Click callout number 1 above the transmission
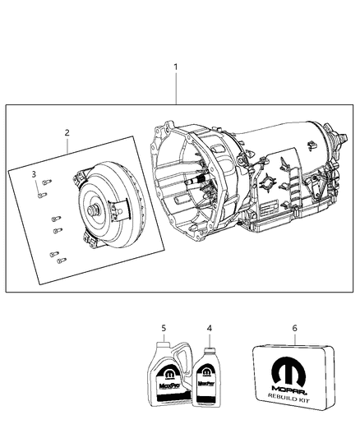click(174, 66)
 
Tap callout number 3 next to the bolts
click(34, 174)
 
